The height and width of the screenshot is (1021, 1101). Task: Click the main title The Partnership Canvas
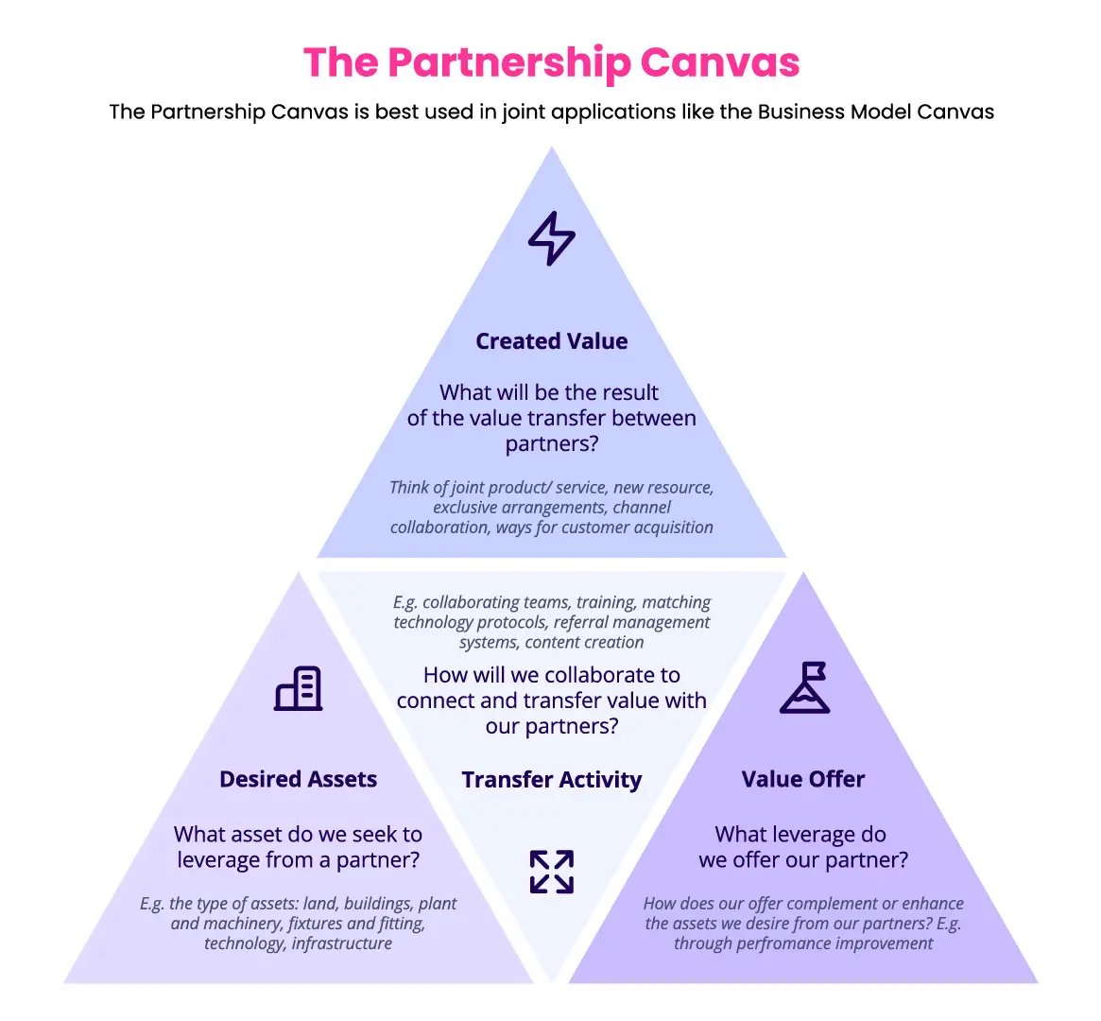[551, 62]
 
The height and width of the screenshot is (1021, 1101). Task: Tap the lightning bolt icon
[551, 238]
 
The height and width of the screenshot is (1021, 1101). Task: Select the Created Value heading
[551, 341]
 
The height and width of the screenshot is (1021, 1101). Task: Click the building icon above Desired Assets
[299, 688]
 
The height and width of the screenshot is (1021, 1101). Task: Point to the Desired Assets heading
[298, 779]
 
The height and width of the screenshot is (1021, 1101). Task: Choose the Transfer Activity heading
[551, 780]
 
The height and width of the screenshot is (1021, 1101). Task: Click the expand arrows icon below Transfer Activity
[551, 872]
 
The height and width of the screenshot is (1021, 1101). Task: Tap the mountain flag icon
[804, 687]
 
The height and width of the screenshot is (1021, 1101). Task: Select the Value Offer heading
[803, 779]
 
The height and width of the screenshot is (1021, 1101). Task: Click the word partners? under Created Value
[552, 443]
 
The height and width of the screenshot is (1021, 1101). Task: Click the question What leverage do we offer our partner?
[803, 847]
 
